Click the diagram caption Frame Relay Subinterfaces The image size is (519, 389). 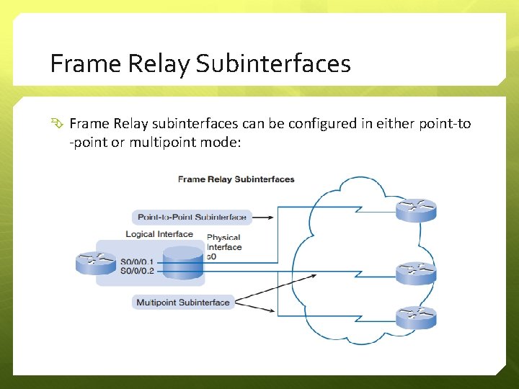(236, 179)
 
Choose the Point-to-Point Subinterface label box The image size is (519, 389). (192, 217)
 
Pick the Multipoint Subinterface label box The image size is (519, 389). (183, 303)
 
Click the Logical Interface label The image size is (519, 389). (159, 234)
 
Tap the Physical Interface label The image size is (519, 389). (223, 242)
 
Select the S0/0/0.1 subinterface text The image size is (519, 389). (137, 261)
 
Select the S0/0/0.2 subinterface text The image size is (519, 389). (137, 271)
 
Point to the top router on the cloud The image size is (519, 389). (416, 210)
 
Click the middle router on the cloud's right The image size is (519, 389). (416, 272)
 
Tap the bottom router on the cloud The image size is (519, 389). (416, 317)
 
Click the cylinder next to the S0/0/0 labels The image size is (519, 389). (183, 264)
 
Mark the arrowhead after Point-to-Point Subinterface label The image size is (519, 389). (268, 217)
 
